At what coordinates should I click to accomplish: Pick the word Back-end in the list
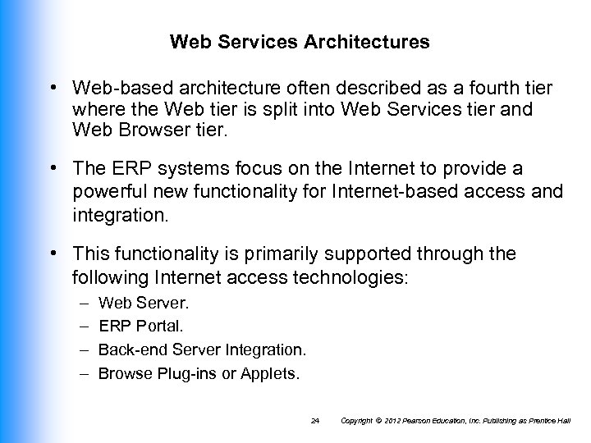point(132,350)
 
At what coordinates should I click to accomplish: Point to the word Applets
point(273,373)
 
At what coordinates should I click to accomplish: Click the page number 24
point(316,420)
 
